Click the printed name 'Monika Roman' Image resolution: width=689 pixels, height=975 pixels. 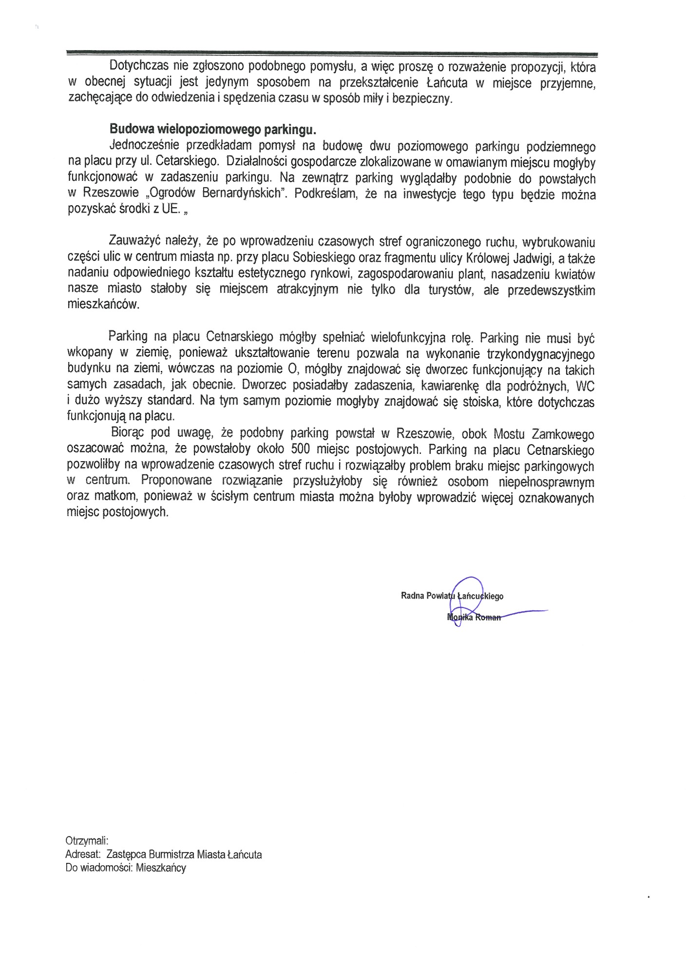(x=474, y=618)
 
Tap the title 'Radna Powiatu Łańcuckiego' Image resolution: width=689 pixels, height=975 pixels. (x=452, y=596)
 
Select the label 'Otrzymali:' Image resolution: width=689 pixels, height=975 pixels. (x=86, y=841)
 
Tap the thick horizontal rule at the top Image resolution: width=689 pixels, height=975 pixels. (x=331, y=54)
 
